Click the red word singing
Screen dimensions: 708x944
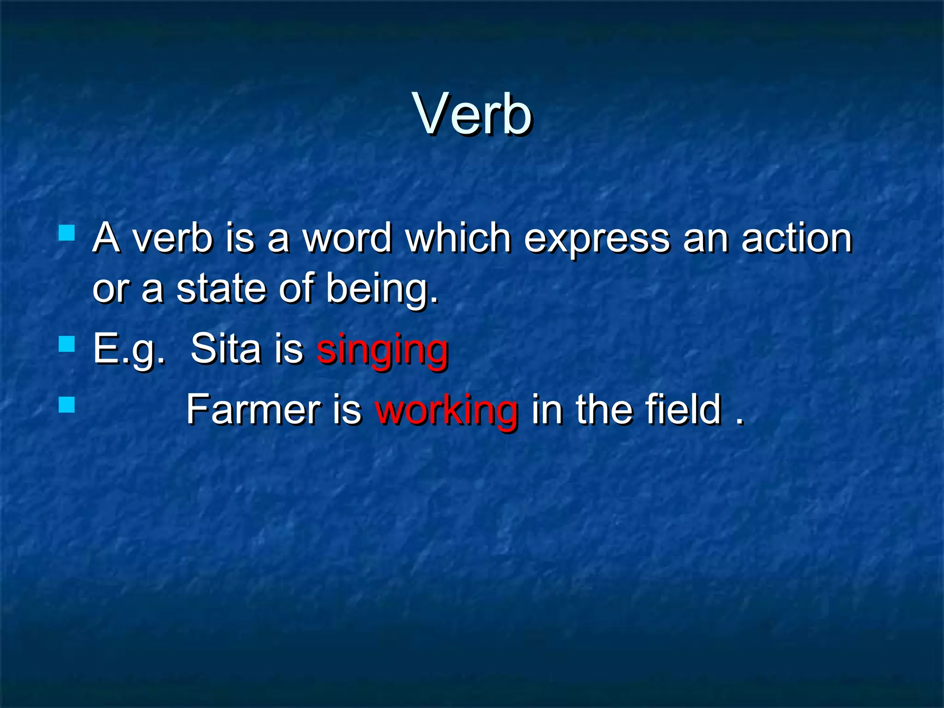(x=382, y=349)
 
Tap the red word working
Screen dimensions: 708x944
(x=446, y=410)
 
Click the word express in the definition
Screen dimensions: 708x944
(x=596, y=239)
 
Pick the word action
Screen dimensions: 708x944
(x=796, y=238)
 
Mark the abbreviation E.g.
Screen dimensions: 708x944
(x=129, y=349)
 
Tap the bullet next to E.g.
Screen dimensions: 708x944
(x=67, y=344)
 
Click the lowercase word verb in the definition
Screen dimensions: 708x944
(x=173, y=238)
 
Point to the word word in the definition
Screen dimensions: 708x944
(x=347, y=238)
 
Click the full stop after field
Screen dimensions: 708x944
(x=740, y=421)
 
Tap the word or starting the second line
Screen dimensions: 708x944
(x=111, y=290)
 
